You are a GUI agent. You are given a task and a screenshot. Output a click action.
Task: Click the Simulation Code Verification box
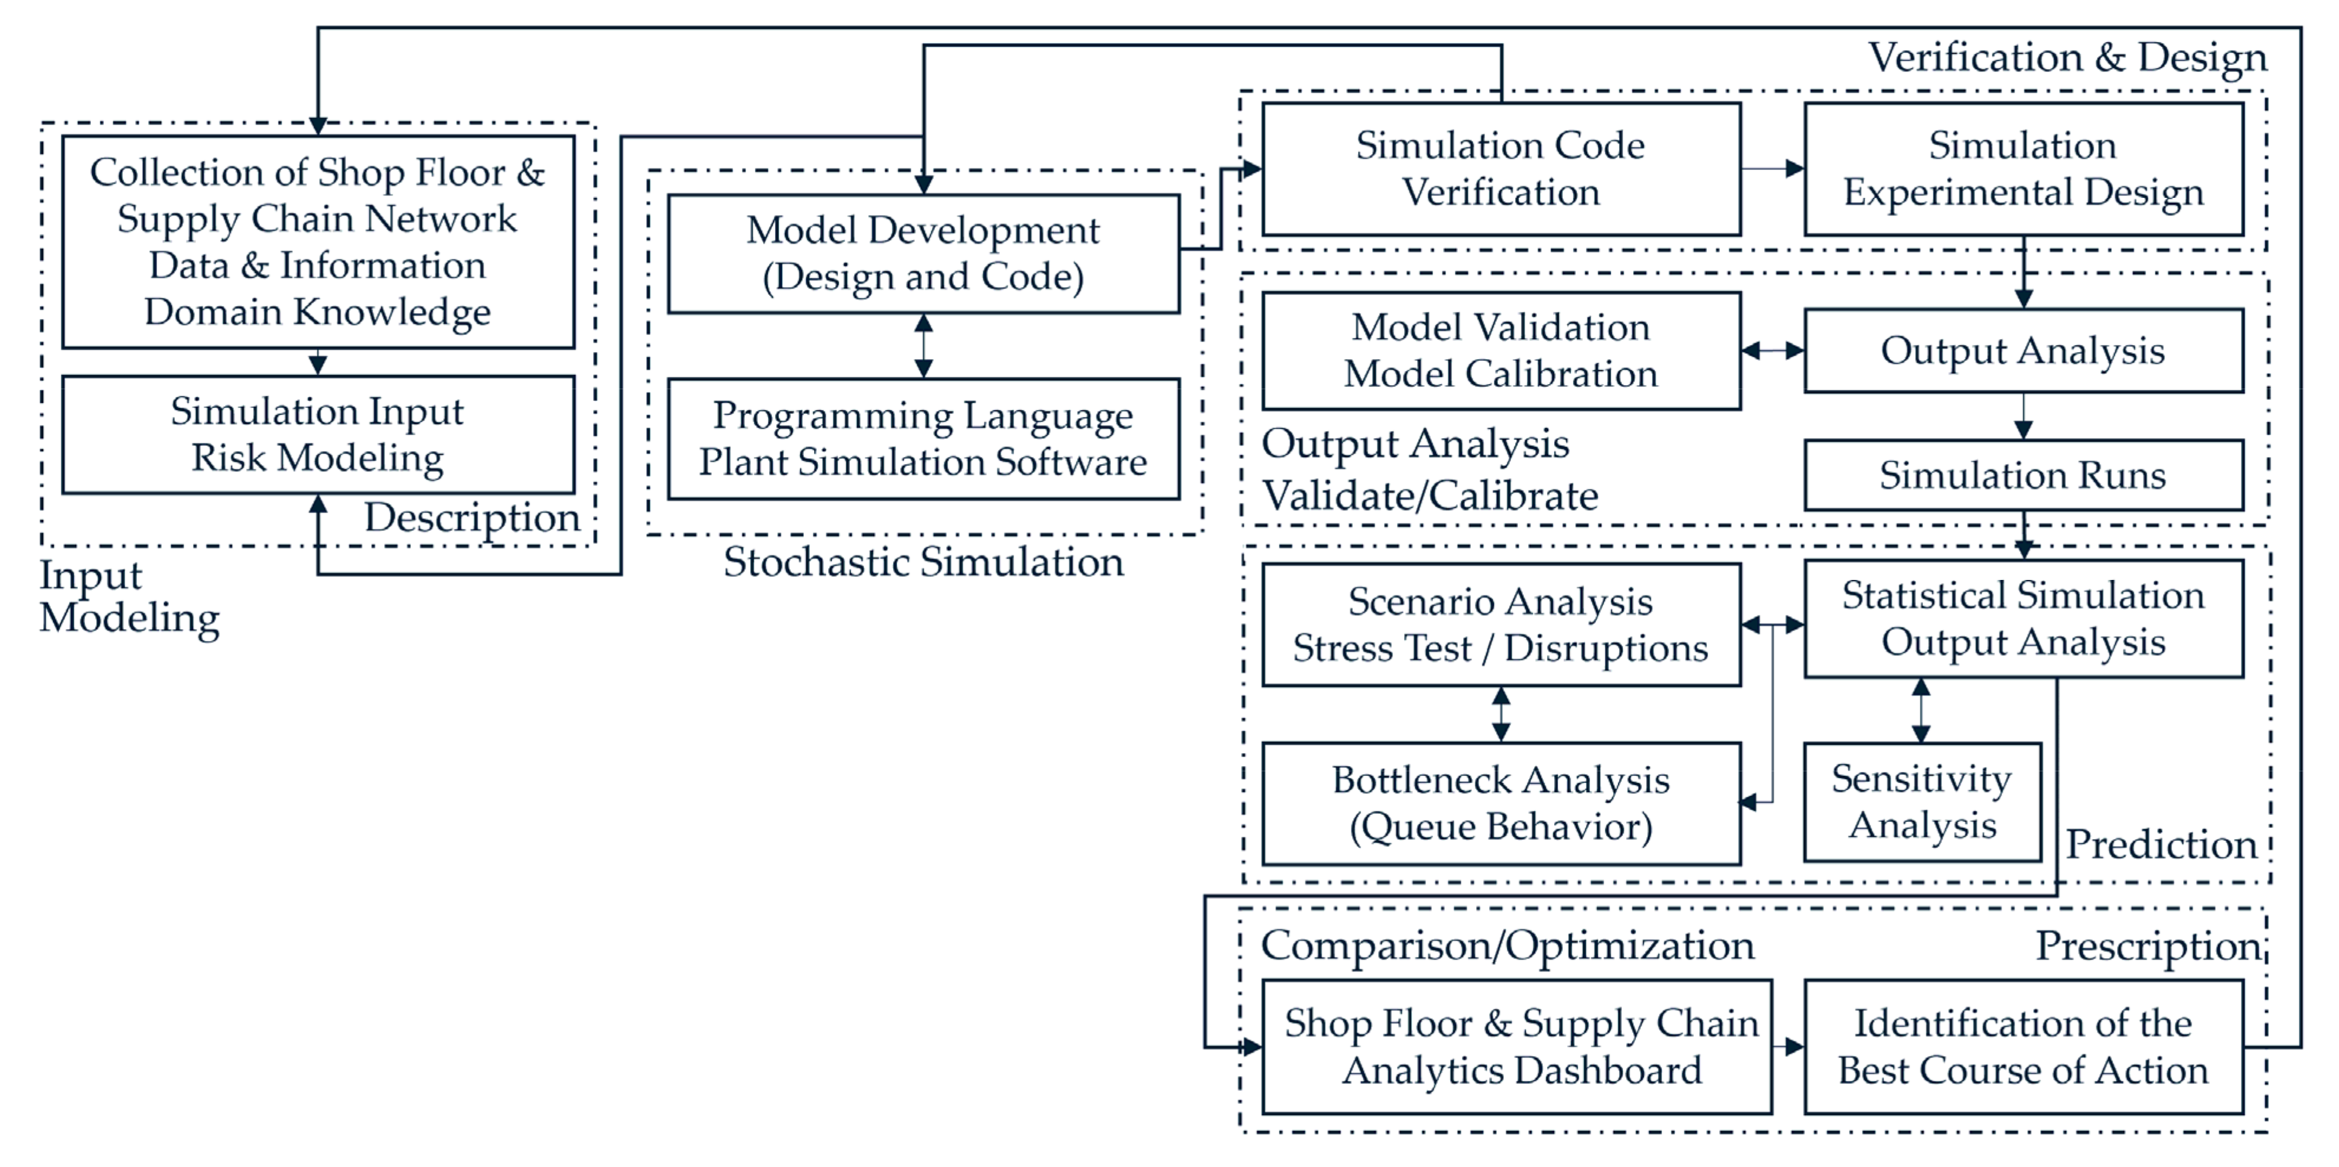(1500, 169)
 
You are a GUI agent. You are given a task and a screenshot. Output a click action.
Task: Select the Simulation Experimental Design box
(2023, 169)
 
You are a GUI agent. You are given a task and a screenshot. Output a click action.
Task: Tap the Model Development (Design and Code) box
(923, 253)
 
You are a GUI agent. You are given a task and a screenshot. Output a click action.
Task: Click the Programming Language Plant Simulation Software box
(923, 439)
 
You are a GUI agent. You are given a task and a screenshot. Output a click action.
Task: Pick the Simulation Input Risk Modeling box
(318, 435)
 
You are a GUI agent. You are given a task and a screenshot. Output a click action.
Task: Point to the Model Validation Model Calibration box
(1500, 351)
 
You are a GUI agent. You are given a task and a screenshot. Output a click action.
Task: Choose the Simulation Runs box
(2023, 475)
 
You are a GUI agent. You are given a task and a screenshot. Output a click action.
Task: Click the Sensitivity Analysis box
(1922, 802)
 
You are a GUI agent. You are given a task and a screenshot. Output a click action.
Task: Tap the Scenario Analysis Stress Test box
(1500, 625)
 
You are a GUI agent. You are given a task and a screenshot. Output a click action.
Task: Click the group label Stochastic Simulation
(923, 562)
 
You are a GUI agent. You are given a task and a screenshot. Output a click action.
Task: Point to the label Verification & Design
(2067, 58)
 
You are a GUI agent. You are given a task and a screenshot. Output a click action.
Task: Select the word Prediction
(2161, 845)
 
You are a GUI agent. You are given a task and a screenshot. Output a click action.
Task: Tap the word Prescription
(2148, 946)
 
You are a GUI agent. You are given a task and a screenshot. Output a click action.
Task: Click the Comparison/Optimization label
(1507, 946)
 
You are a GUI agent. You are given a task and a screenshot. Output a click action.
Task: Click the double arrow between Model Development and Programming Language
(923, 346)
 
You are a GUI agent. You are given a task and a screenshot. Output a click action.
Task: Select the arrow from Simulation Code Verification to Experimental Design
(1773, 169)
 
